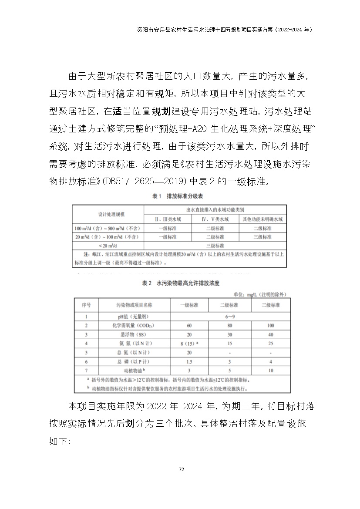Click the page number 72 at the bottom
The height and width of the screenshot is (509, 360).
182,469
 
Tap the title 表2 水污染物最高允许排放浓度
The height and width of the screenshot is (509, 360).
180,283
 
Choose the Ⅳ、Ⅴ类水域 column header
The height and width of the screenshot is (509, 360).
215,219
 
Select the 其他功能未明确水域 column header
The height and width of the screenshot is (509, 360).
262,219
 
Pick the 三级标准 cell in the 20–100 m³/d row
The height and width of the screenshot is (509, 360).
262,237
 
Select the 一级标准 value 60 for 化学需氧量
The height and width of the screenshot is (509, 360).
189,326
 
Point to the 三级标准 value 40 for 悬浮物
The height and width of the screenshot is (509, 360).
271,335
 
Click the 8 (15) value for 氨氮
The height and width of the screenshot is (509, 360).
189,344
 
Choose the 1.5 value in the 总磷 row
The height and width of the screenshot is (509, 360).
189,362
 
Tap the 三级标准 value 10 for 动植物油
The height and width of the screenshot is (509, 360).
271,371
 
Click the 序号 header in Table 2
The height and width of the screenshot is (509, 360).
86,305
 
